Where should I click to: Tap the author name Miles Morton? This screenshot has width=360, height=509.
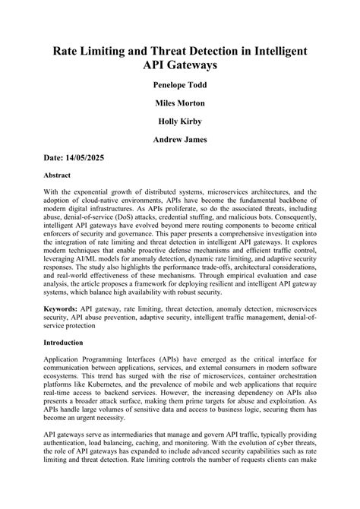click(x=179, y=103)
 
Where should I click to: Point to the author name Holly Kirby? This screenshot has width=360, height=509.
click(x=179, y=122)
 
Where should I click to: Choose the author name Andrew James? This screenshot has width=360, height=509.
click(x=179, y=140)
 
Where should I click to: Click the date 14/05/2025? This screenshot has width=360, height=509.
click(x=87, y=158)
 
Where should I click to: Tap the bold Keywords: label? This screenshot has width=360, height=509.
click(x=64, y=310)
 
